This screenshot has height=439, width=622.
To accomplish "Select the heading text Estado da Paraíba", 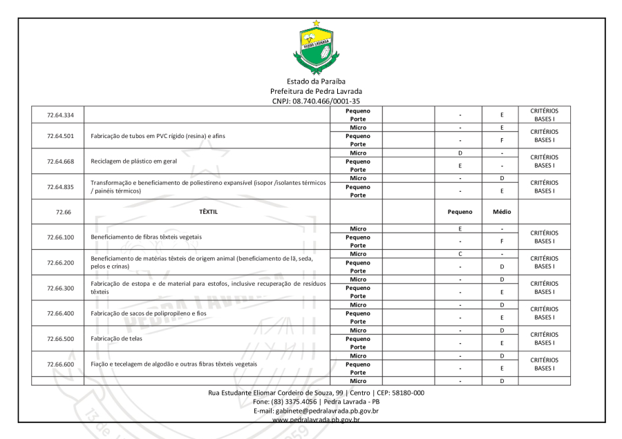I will tap(317, 81).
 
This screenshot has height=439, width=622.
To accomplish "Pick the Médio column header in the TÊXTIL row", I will tap(500, 212).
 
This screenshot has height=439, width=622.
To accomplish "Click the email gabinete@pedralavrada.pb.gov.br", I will tap(317, 411).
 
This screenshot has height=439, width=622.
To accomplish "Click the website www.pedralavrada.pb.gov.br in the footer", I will tap(317, 419).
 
